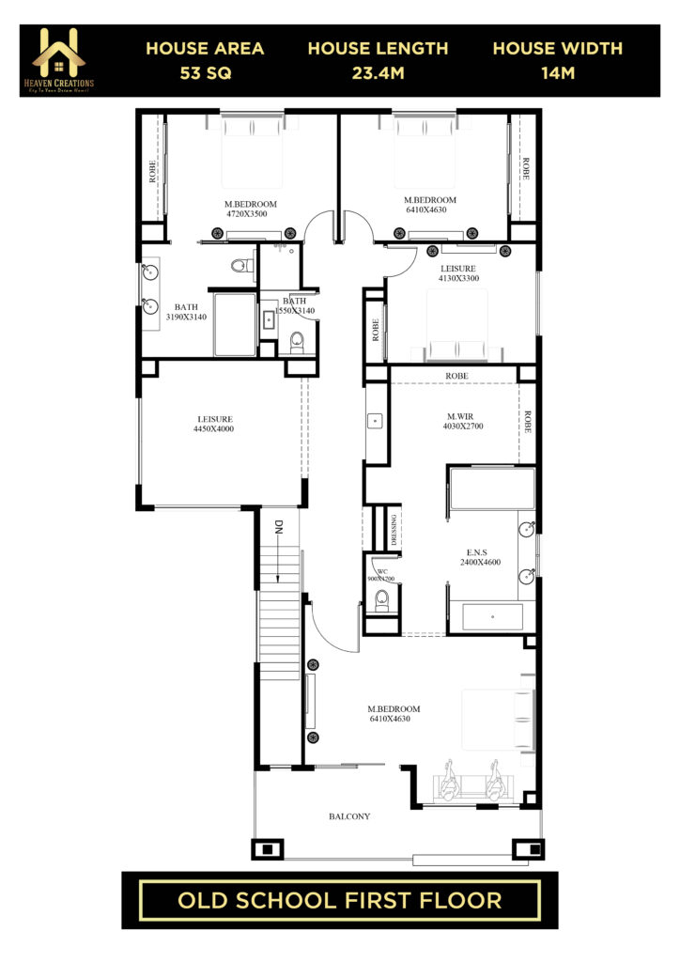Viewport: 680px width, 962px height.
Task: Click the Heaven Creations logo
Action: pos(63,60)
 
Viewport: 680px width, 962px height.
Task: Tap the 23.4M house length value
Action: pos(378,71)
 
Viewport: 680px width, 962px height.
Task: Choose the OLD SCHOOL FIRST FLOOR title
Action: pos(339,900)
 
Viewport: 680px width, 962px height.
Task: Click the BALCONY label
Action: pos(349,816)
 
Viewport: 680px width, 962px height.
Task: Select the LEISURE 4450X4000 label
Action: pos(215,424)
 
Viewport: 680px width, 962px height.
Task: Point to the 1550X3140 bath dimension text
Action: pos(295,310)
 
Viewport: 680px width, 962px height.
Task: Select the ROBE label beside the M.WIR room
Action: pos(528,423)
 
